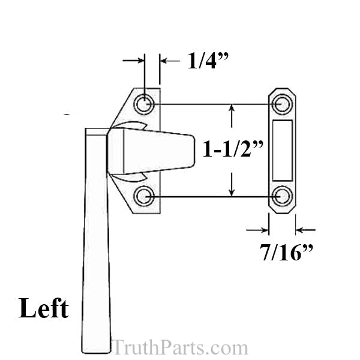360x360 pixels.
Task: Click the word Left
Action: (43, 308)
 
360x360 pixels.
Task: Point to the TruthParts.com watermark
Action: (179, 347)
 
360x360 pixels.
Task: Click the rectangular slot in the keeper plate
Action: (281, 150)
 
